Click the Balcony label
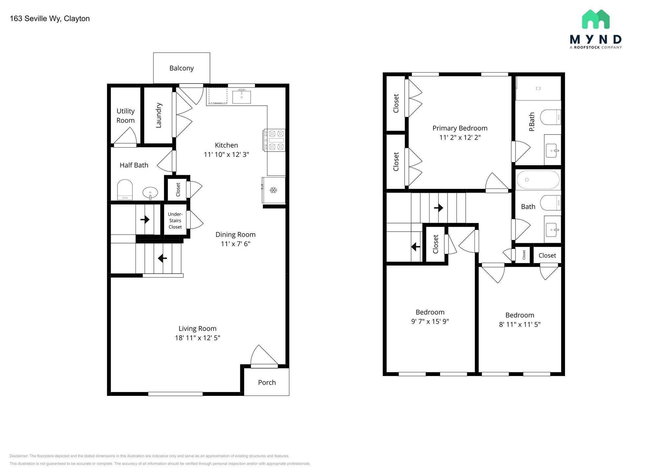(x=181, y=68)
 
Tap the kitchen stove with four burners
(x=274, y=140)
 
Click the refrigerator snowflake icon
(x=273, y=190)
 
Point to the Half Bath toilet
(x=125, y=190)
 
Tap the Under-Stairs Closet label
(x=175, y=220)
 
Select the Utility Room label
(x=126, y=116)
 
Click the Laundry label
(x=158, y=115)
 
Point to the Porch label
(x=267, y=382)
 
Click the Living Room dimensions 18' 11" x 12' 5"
(x=198, y=338)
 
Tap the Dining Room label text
(x=235, y=235)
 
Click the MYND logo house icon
(x=596, y=19)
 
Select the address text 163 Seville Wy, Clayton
(x=50, y=19)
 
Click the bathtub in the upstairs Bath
(x=538, y=180)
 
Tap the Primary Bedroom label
(x=460, y=128)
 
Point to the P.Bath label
(x=532, y=122)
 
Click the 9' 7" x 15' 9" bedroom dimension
(x=430, y=321)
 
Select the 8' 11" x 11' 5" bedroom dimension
(x=520, y=324)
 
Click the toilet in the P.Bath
(x=550, y=117)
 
